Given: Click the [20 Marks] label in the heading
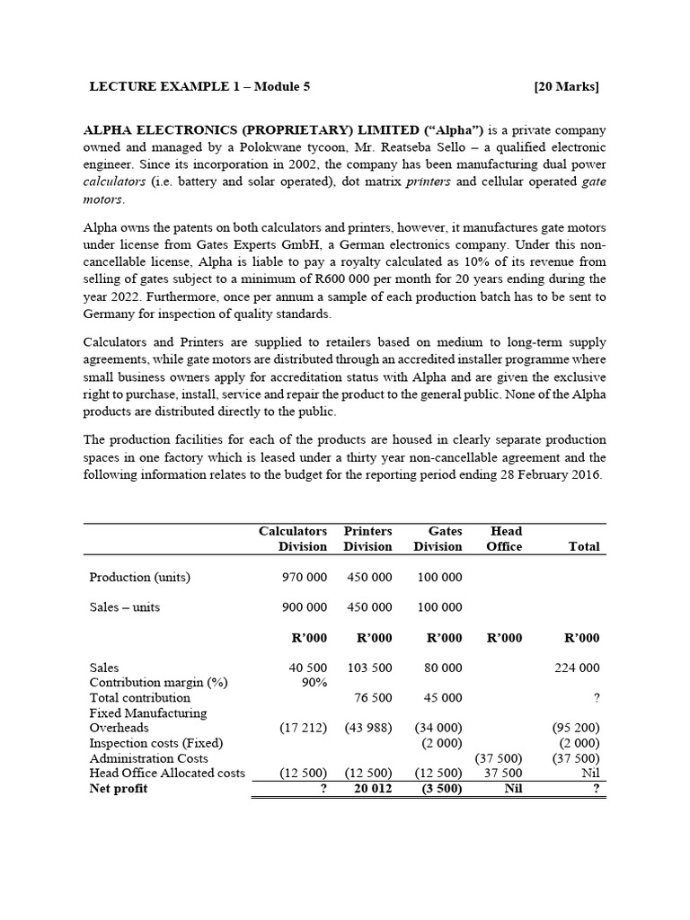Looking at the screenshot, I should click(566, 87).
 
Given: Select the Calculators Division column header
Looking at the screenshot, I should click(292, 538).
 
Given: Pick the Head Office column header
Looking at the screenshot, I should click(503, 538).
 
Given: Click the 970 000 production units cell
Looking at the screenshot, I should click(304, 577).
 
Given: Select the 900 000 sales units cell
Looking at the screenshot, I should click(304, 606).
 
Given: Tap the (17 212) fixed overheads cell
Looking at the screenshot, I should click(304, 728).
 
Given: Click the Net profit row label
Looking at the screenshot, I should click(119, 788).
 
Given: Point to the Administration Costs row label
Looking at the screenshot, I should click(149, 758).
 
